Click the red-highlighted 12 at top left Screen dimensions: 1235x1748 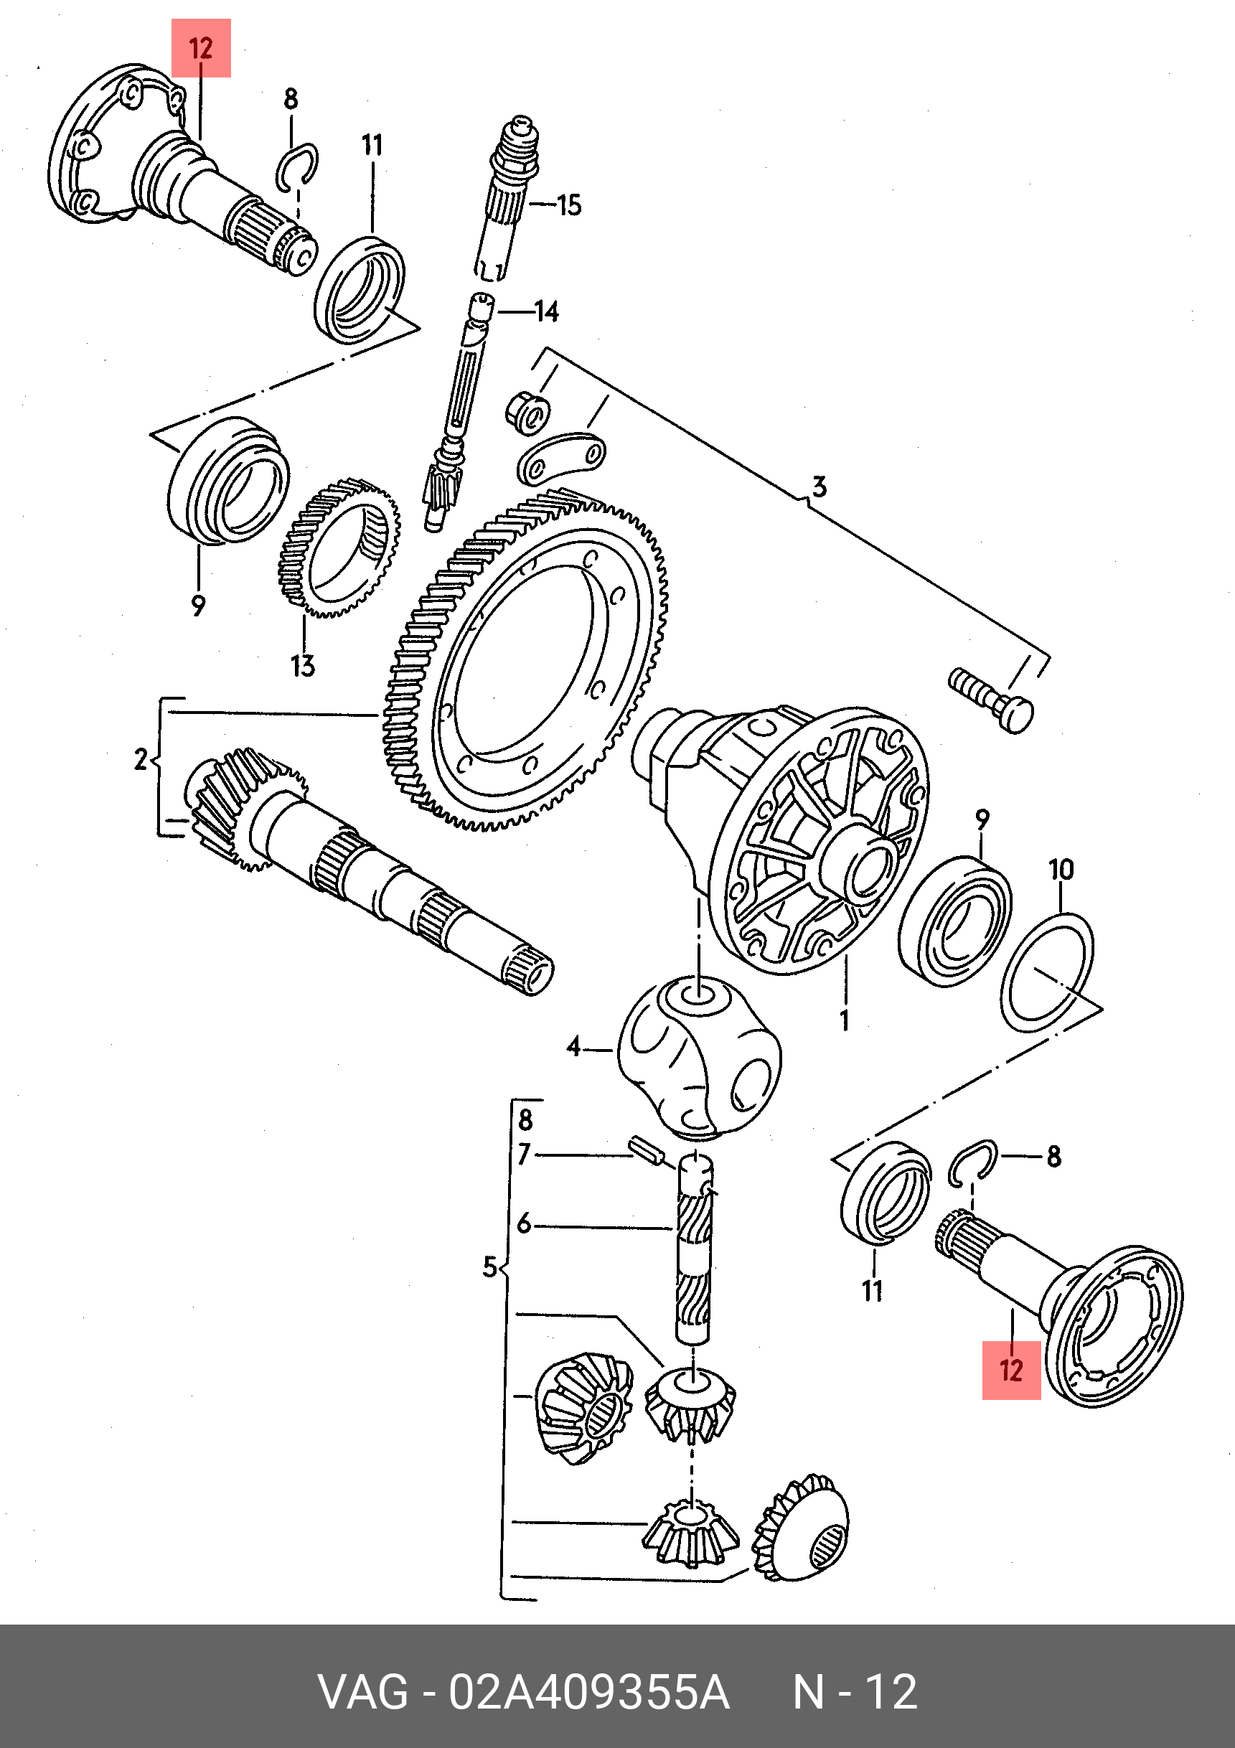point(200,49)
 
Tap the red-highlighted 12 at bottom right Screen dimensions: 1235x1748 point(1010,1371)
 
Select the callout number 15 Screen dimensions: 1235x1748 point(569,205)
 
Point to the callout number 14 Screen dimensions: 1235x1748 point(546,311)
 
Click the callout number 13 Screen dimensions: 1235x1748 point(302,666)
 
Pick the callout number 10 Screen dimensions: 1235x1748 point(1061,870)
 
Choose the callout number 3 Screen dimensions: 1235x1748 point(819,486)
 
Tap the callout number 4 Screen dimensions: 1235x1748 point(573,1048)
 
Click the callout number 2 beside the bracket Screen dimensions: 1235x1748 point(141,760)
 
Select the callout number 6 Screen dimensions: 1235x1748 point(524,1224)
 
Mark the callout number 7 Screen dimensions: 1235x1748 point(524,1155)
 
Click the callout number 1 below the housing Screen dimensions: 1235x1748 point(845,1020)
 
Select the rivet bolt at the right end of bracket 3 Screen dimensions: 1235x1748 point(991,698)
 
